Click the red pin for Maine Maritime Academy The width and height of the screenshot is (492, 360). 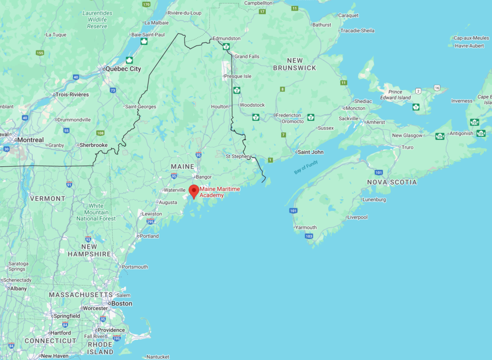[x=194, y=191]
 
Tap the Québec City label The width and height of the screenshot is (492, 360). [x=123, y=69]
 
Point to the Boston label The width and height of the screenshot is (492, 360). [x=122, y=304]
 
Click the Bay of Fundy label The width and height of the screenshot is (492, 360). [x=306, y=167]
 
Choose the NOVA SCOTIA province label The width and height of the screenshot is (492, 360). [x=392, y=182]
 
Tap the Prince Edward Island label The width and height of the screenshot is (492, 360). [x=396, y=95]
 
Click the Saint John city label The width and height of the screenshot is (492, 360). [x=311, y=152]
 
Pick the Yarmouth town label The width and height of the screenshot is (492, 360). [x=306, y=227]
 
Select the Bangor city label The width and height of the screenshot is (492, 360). [x=204, y=176]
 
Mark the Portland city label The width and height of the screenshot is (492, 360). [x=149, y=236]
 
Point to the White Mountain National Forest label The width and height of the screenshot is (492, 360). [x=96, y=212]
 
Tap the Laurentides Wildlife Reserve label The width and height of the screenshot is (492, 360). [x=98, y=20]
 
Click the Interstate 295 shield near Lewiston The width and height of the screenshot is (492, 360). [x=150, y=221]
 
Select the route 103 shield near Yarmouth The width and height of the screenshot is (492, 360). [x=309, y=236]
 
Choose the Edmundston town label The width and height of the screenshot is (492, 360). [x=226, y=39]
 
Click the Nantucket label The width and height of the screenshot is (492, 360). [x=158, y=357]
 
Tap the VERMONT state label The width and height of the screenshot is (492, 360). [x=48, y=199]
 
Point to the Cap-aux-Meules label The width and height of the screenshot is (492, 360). [x=471, y=38]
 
